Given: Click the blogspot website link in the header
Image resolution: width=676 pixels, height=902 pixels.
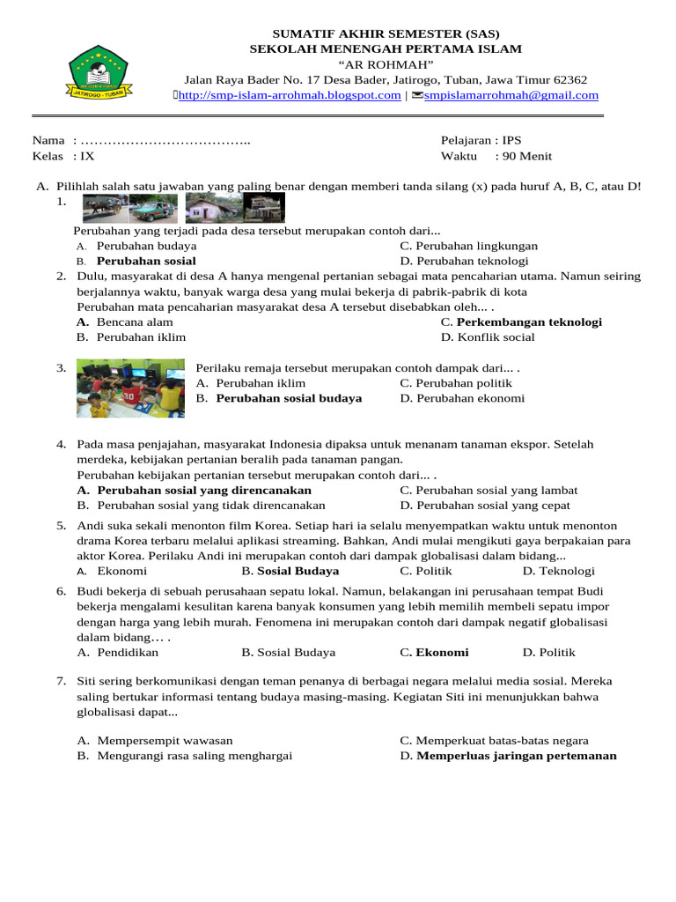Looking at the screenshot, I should [290, 95].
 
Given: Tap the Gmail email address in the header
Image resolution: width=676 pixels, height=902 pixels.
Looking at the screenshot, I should [511, 95].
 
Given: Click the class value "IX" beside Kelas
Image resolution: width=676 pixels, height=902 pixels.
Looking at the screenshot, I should [87, 157].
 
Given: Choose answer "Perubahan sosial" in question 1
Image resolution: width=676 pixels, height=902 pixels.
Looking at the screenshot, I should [146, 262].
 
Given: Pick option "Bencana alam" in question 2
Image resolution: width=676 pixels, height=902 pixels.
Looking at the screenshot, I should [135, 322].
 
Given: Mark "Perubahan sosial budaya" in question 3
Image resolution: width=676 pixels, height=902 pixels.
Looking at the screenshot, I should [289, 398].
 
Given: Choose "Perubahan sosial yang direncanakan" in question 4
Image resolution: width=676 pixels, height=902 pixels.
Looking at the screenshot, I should [204, 490].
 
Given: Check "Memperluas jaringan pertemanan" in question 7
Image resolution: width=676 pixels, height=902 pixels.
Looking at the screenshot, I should [516, 756].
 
